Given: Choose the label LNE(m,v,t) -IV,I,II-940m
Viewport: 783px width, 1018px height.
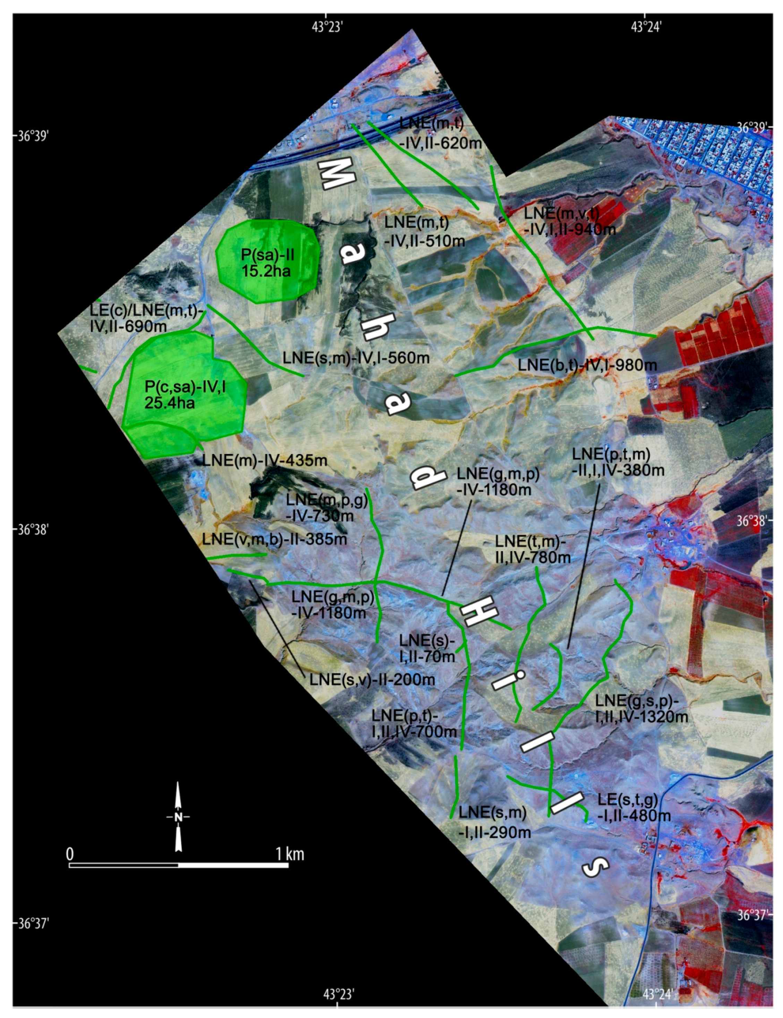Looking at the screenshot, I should (569, 221).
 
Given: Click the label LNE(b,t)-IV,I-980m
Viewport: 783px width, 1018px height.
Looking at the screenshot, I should (587, 365).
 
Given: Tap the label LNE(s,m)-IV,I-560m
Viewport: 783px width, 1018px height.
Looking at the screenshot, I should (356, 358).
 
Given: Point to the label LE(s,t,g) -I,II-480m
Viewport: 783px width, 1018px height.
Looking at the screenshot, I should (634, 808).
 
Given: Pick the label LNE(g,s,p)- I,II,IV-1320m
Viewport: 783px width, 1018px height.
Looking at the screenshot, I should (641, 709).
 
